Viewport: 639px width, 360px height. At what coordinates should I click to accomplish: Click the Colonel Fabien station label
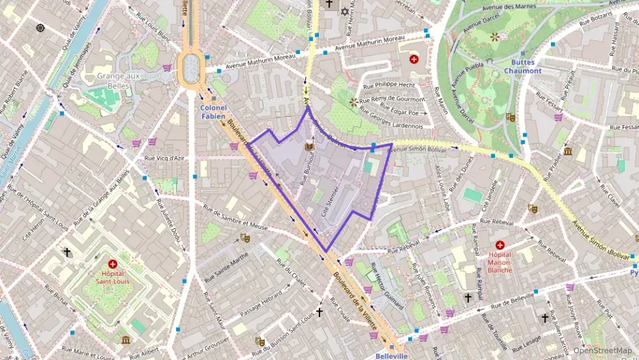point(213,111)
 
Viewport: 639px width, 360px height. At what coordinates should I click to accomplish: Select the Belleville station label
point(391,356)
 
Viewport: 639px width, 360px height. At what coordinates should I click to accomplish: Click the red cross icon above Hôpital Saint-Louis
point(113,264)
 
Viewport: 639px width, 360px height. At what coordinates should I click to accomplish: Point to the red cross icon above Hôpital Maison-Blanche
point(500,245)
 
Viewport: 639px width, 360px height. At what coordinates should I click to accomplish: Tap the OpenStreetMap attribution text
point(602,350)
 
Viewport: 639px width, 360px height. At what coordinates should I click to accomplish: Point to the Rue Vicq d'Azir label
point(165,158)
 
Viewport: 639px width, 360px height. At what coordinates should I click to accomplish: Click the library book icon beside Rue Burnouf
point(309,147)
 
